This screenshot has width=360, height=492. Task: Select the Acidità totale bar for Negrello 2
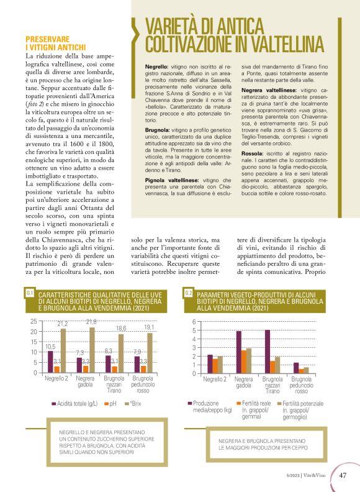[51, 362]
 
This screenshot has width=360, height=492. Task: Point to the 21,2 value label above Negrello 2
[63, 324]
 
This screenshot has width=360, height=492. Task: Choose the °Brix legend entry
[132, 404]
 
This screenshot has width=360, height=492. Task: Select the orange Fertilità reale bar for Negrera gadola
[244, 362]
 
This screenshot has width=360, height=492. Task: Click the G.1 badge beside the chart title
[30, 293]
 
